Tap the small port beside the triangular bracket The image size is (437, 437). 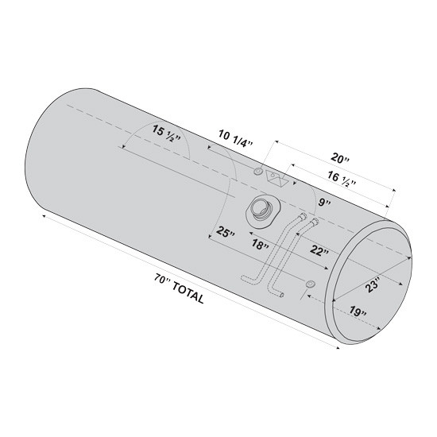[x=258, y=172]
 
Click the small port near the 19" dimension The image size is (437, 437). [x=310, y=285]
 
